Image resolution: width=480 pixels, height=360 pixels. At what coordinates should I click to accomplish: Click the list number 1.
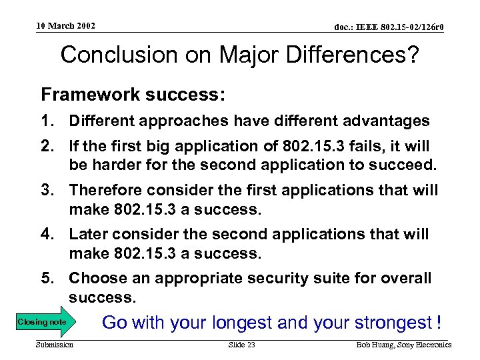tap(48, 121)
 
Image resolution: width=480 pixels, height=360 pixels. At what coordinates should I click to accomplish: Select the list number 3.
tap(48, 191)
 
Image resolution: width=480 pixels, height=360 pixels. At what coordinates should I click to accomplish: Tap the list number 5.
tap(48, 278)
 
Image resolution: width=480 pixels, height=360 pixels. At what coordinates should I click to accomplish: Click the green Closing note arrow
tap(44, 323)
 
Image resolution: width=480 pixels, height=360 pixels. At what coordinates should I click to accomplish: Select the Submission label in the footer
tap(55, 345)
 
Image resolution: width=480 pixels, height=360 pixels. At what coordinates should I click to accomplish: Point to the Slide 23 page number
tap(241, 345)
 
